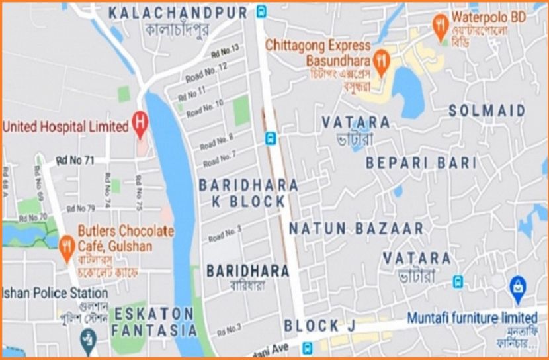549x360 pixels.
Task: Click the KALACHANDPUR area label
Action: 178,13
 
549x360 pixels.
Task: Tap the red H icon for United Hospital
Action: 140,122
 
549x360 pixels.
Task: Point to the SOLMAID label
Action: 487,111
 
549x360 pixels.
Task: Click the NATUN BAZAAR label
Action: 356,229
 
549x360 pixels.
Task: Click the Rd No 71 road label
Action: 77,159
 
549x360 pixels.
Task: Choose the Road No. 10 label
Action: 205,108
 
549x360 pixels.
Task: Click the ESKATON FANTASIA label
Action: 153,320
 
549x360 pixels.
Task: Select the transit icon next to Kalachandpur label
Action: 262,11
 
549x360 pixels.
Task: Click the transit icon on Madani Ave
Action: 306,347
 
